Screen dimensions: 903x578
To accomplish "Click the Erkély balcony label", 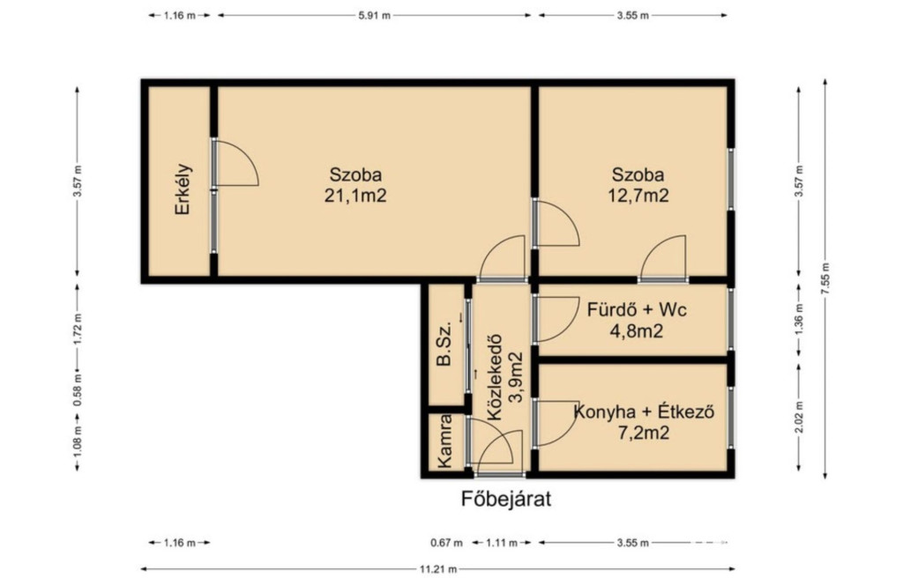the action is [x=183, y=189].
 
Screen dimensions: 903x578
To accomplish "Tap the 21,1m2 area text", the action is [x=355, y=196].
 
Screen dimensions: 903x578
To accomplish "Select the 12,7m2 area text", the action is [x=638, y=196].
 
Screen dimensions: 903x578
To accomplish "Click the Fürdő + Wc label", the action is [x=637, y=310].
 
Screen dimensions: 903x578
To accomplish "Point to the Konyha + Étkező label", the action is [x=645, y=412].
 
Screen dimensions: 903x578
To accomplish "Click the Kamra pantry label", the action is [x=444, y=441].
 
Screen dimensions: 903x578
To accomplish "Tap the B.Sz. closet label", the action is [x=444, y=345].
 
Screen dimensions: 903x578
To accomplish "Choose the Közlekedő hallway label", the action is [x=494, y=378].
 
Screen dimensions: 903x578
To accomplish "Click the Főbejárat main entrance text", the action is [x=506, y=499].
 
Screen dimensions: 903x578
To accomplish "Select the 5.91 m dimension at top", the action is [x=374, y=16].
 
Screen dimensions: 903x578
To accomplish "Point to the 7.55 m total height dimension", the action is [x=825, y=279].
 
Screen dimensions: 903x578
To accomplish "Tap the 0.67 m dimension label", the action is [x=446, y=542].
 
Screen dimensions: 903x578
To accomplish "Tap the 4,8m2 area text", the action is [x=637, y=331].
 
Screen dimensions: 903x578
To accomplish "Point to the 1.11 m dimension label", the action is [x=502, y=542].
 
